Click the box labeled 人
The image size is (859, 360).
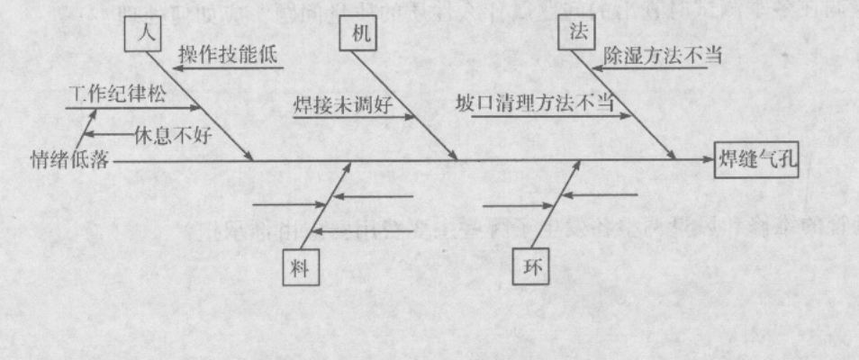click(x=142, y=34)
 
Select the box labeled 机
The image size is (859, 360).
click(x=361, y=34)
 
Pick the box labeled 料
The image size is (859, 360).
click(x=301, y=267)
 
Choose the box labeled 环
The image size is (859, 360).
click(x=530, y=267)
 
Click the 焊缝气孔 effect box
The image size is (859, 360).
click(x=756, y=159)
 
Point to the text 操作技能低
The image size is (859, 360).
click(x=228, y=54)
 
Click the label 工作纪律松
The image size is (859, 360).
click(x=118, y=94)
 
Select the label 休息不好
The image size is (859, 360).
click(x=172, y=135)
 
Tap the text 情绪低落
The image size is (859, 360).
click(x=69, y=160)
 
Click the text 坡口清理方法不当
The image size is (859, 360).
click(x=534, y=103)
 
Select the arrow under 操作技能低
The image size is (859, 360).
click(x=228, y=68)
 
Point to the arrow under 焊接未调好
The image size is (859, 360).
click(x=355, y=117)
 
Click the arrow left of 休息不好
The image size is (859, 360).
click(x=109, y=134)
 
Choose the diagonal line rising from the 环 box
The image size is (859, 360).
click(x=556, y=206)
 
